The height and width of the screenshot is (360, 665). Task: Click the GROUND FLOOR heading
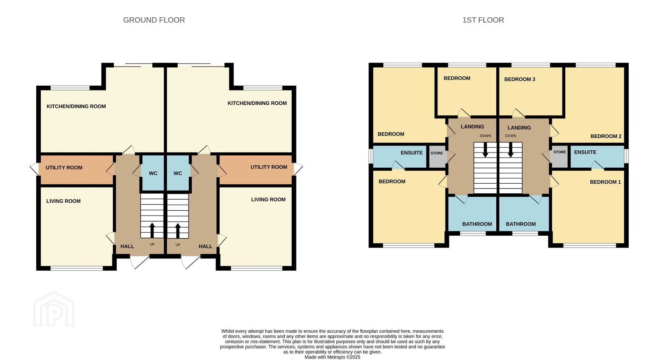click(x=154, y=20)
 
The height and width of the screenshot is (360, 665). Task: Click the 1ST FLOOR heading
click(x=483, y=20)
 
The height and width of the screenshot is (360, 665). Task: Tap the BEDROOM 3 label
click(x=520, y=79)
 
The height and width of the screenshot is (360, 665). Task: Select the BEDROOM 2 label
click(x=606, y=136)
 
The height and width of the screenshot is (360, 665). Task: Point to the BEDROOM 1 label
click(x=605, y=182)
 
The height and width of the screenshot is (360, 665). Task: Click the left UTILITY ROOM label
click(x=64, y=168)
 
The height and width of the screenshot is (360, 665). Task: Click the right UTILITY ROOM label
click(x=269, y=167)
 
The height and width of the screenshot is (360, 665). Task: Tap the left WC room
click(x=153, y=173)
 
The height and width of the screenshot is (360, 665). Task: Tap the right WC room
click(x=178, y=173)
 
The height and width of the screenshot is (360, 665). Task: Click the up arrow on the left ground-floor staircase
click(x=152, y=231)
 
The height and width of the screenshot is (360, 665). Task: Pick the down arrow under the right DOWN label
click(x=511, y=150)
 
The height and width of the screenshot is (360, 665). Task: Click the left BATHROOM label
click(x=477, y=224)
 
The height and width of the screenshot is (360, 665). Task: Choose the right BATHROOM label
click(x=521, y=224)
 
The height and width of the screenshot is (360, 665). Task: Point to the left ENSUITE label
click(x=411, y=153)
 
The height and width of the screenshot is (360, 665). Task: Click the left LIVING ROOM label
click(x=63, y=201)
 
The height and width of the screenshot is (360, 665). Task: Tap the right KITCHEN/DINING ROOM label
click(x=257, y=103)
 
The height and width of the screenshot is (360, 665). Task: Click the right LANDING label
click(x=519, y=128)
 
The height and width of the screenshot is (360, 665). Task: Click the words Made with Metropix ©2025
click(x=332, y=357)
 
